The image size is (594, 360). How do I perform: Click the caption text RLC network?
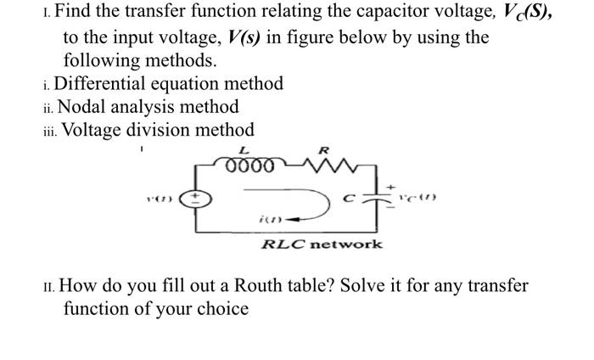coord(321,244)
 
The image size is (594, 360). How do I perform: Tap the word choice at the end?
coord(222,308)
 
